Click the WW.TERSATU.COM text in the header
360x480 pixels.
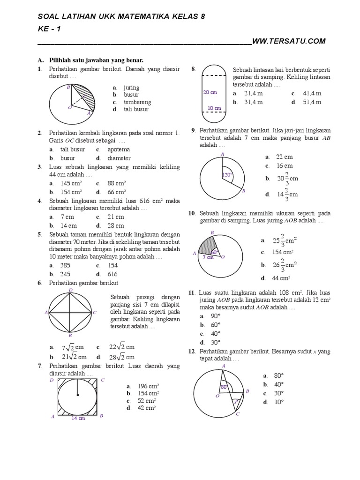pos(289,41)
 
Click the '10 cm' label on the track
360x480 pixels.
pos(214,108)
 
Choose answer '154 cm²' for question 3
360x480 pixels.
pos(71,192)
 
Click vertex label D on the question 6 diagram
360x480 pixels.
pos(71,290)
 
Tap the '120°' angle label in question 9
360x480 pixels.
pos(227,175)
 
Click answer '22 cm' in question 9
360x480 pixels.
pos(284,157)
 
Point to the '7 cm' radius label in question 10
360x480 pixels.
pos(208,257)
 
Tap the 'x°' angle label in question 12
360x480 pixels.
pos(236,402)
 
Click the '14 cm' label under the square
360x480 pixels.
pos(78,419)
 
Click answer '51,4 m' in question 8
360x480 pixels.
pos(312,102)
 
